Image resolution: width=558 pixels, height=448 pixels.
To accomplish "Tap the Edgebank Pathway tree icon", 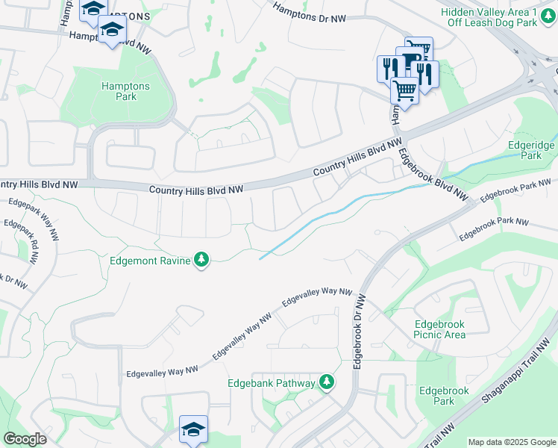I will pyautogui.click(x=326, y=383).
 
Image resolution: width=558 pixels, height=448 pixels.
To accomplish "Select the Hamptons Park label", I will pyautogui.click(x=125, y=91).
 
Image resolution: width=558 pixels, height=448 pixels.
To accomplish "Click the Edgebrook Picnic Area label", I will pyautogui.click(x=439, y=329).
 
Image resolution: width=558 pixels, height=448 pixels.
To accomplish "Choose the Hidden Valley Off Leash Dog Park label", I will pyautogui.click(x=499, y=17).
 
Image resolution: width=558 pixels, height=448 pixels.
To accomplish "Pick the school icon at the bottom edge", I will pyautogui.click(x=193, y=429).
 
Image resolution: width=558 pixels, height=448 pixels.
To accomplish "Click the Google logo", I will pyautogui.click(x=25, y=439).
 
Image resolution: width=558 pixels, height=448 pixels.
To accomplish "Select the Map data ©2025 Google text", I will pyautogui.click(x=511, y=442).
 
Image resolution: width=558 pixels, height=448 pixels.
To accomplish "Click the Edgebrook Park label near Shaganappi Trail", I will pyautogui.click(x=443, y=396).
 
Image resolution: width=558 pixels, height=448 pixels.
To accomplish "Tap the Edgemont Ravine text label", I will pyautogui.click(x=149, y=260).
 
